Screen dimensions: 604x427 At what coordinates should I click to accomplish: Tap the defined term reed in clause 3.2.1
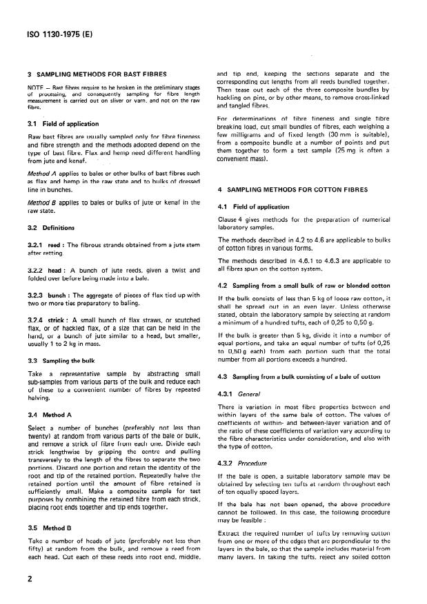[54, 243]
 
